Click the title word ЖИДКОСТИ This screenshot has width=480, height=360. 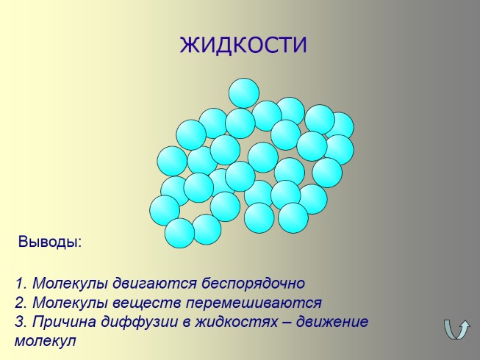coord(243,46)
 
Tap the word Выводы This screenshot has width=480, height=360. coord(49,242)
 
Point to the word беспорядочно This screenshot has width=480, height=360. coord(240,284)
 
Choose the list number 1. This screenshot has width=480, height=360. coord(20,284)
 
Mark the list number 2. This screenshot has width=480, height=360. coord(20,303)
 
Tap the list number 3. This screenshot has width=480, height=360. coord(20,322)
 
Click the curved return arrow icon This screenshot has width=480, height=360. coord(457,328)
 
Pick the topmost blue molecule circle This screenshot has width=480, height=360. coord(244,93)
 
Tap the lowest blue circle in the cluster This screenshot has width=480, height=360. coord(179,234)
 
